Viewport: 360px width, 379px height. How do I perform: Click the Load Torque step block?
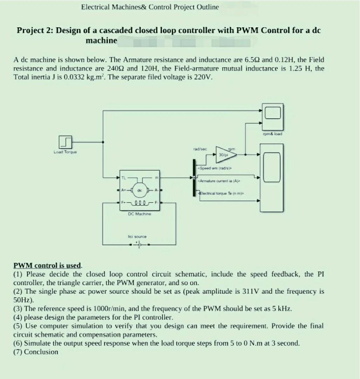point(66,142)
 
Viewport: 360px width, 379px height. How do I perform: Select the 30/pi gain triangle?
point(223,154)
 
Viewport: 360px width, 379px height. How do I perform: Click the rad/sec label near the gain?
point(200,149)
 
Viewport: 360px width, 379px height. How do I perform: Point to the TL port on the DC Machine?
point(124,178)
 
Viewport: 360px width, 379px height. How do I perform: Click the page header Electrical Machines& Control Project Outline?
point(150,7)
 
